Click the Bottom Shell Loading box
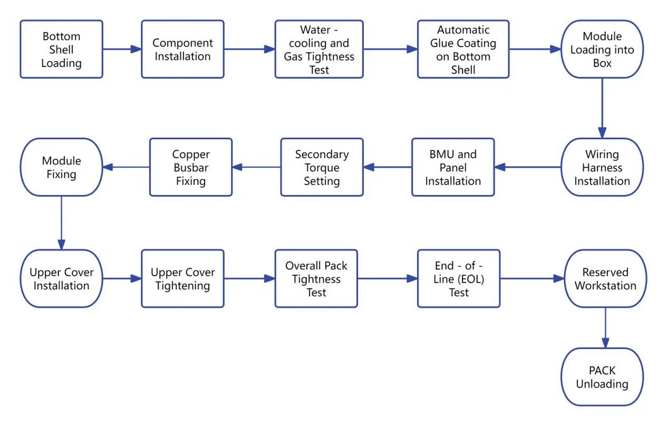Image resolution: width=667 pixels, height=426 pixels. tap(61, 49)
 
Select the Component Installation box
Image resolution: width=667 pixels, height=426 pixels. tap(182, 49)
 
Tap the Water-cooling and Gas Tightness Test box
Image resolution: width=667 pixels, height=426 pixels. tap(318, 49)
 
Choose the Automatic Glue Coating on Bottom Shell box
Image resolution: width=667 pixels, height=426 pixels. tap(463, 49)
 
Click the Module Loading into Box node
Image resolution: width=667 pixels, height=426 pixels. tap(602, 49)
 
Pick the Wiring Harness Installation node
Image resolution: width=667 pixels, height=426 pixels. tap(602, 167)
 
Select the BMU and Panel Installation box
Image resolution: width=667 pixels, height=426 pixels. tap(453, 167)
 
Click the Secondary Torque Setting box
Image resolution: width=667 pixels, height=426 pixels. tap(322, 167)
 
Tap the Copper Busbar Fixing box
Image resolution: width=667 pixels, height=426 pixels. tap(191, 167)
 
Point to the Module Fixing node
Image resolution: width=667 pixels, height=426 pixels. tap(61, 167)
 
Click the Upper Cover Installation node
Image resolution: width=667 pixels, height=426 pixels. tap(61, 279)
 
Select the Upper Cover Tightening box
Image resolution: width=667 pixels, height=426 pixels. tap(182, 279)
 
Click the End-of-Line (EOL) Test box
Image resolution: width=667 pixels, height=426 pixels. tap(459, 279)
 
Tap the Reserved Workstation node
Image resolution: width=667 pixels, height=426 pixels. tap(605, 279)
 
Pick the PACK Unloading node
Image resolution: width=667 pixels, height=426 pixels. tap(602, 377)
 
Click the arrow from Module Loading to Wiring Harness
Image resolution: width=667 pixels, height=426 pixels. tap(602, 108)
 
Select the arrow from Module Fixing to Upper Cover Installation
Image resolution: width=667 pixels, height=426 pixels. tap(61, 223)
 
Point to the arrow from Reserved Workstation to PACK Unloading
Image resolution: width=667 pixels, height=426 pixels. tap(605, 327)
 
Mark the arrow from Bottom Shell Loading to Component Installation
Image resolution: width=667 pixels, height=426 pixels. tap(121, 49)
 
